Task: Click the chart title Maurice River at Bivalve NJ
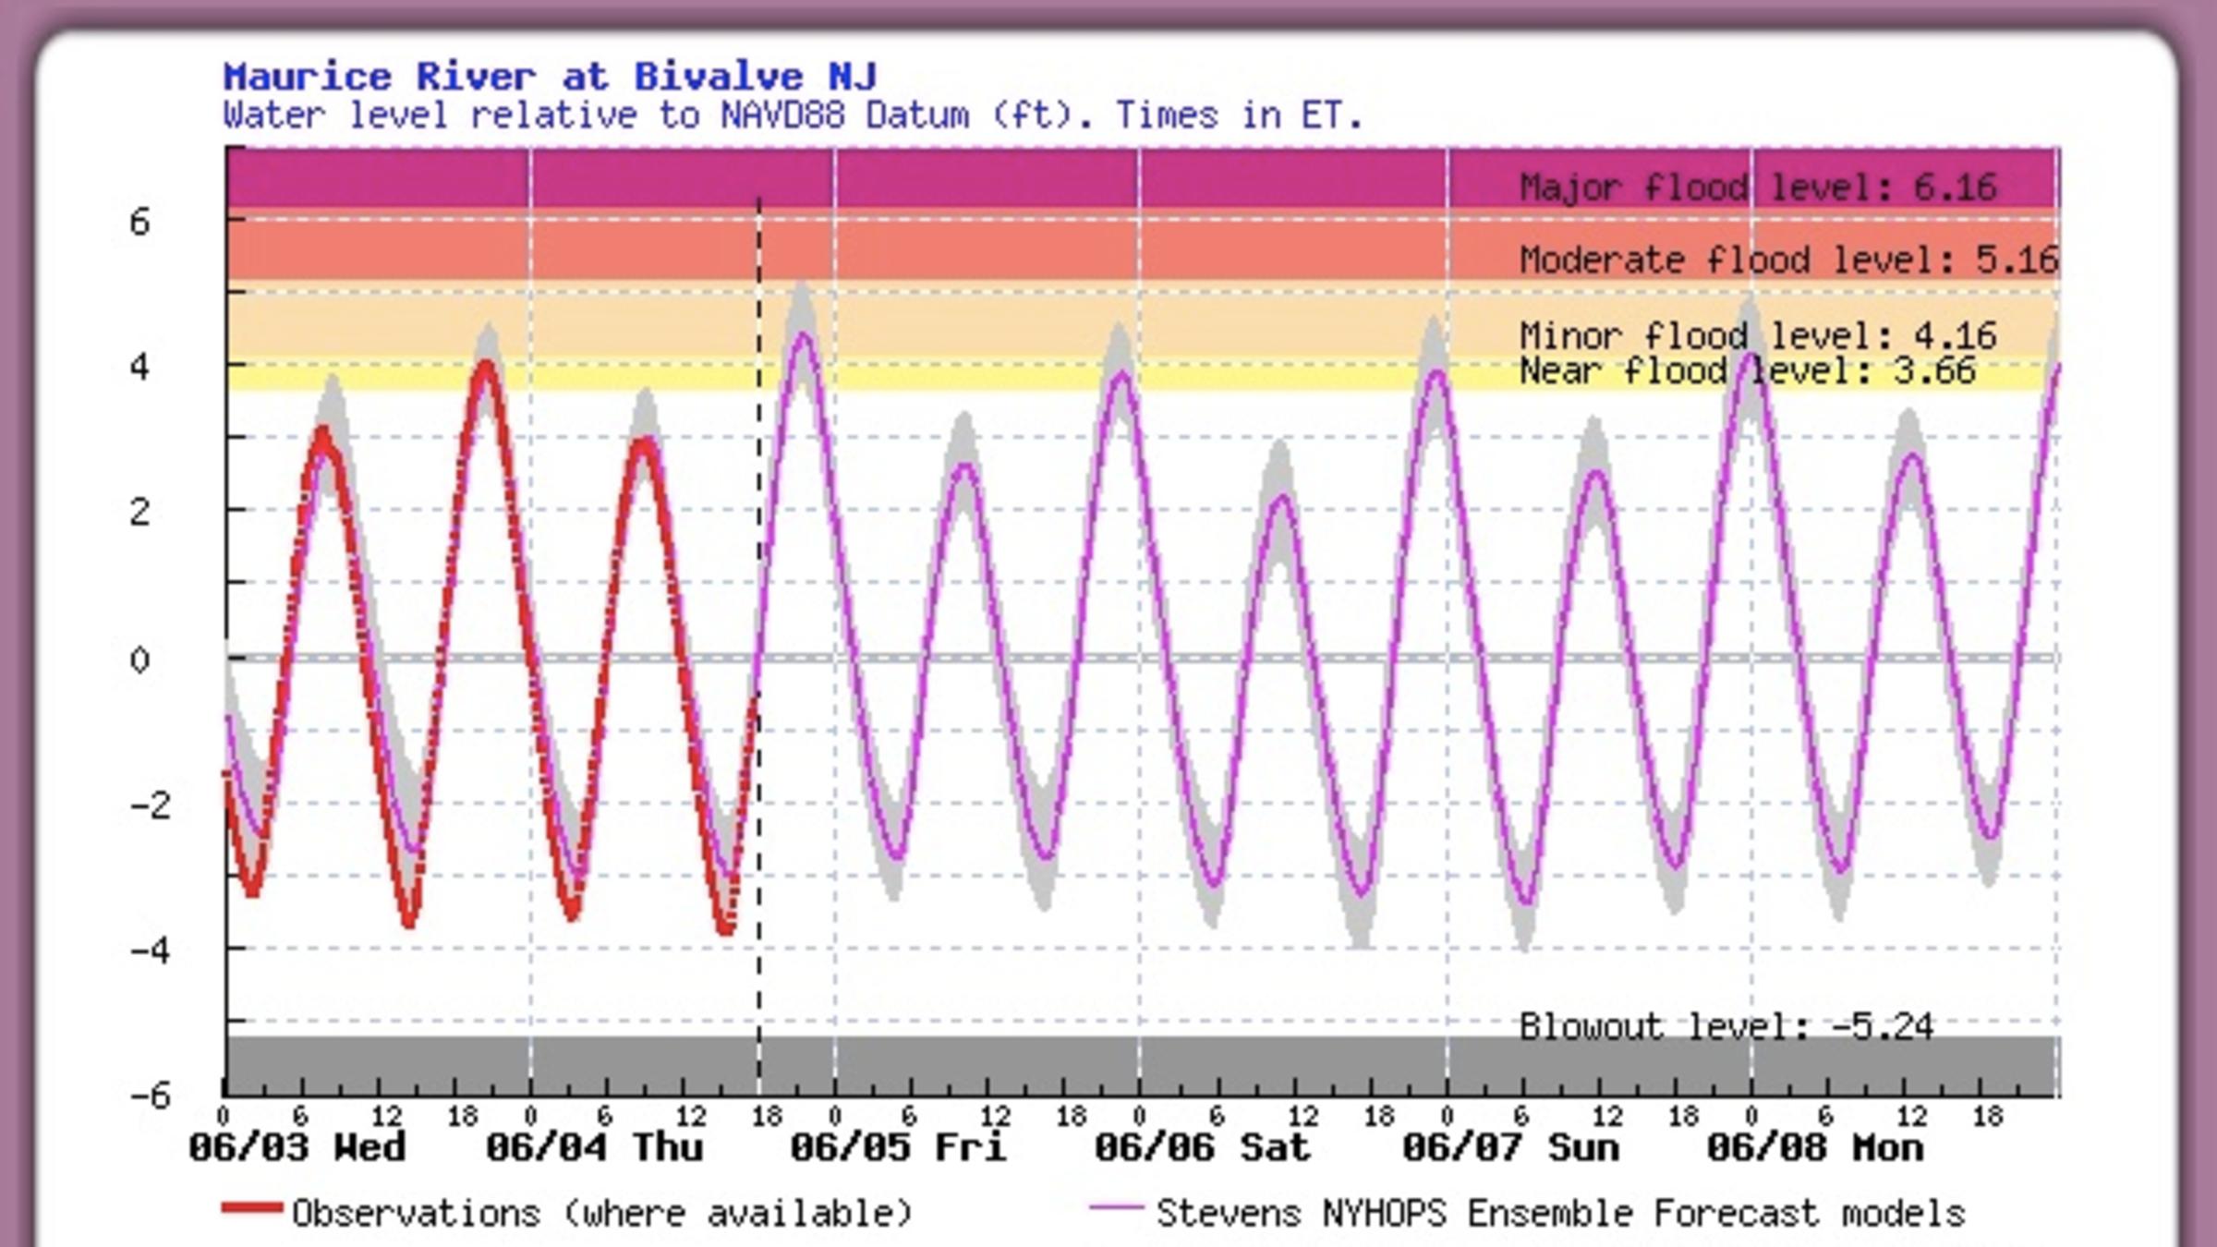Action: [550, 77]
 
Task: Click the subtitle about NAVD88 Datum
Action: [793, 116]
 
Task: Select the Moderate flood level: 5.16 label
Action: [1788, 260]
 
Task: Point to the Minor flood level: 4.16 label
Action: [1758, 335]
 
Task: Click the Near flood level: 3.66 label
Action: [1747, 371]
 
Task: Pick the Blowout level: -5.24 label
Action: [1726, 1026]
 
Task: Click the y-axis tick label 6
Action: [139, 223]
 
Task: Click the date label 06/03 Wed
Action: [297, 1148]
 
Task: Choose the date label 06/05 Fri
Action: [898, 1148]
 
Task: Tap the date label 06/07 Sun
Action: [1510, 1148]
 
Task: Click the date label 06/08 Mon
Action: [1815, 1148]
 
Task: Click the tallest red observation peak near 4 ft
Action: [486, 366]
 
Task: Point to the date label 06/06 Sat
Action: [1202, 1148]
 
